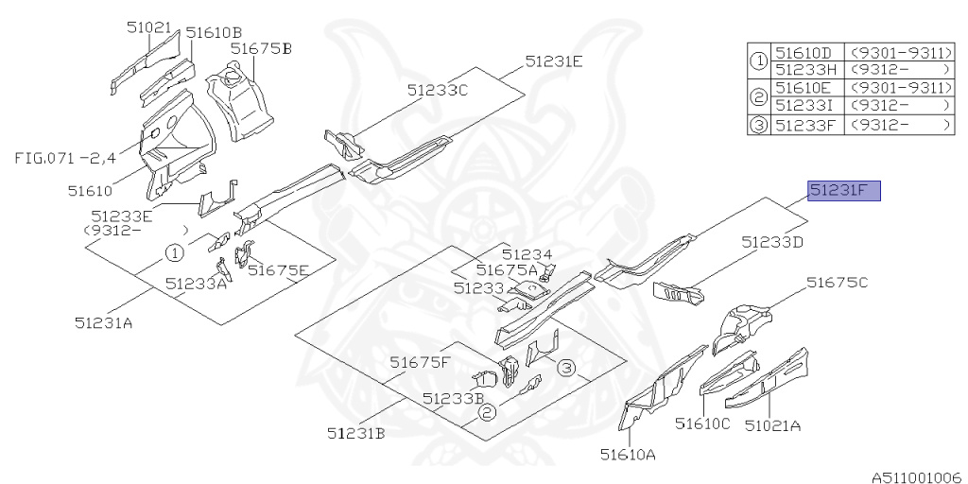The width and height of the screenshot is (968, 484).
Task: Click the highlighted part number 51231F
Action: [x=842, y=192]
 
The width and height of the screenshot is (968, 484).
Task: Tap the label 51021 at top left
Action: [x=149, y=28]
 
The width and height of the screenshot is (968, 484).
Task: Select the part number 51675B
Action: [x=261, y=48]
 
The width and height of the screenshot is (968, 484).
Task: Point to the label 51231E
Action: [x=554, y=61]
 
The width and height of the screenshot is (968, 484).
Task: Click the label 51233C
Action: [x=438, y=91]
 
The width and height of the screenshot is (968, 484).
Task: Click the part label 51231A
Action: [x=104, y=322]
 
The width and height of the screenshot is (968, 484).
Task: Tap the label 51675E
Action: [x=278, y=270]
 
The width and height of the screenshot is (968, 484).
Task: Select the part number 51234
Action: [x=527, y=254]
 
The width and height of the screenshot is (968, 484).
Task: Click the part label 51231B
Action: [x=356, y=433]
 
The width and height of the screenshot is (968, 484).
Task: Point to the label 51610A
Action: [x=628, y=455]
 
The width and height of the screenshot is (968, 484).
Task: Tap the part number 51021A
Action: [x=772, y=425]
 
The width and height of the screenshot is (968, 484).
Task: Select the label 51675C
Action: [x=837, y=283]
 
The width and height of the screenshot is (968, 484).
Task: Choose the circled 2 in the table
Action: [x=758, y=95]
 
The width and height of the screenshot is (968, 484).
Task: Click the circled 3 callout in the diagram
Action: [x=566, y=368]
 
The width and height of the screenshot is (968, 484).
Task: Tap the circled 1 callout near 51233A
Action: [x=175, y=252]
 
